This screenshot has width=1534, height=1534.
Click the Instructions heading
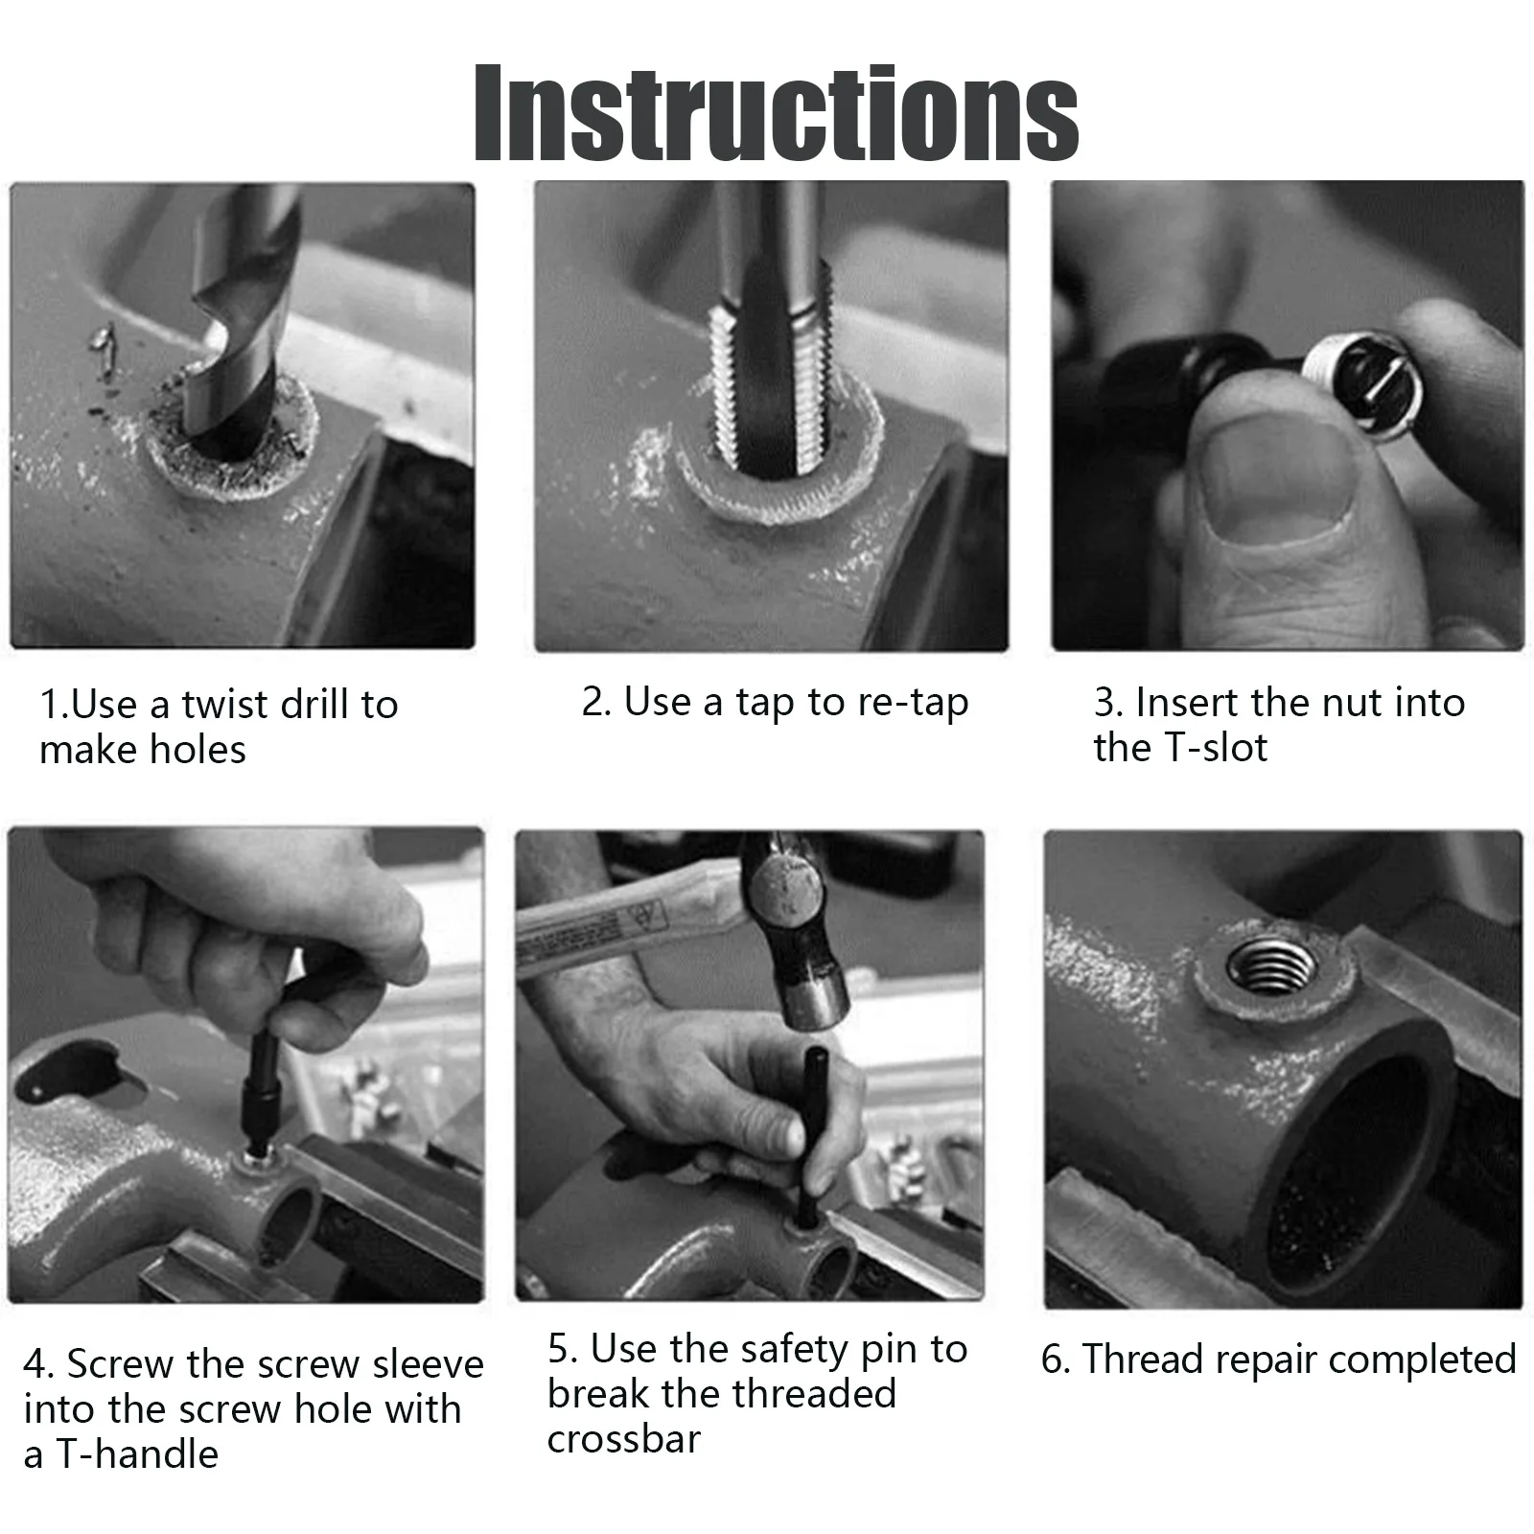777,113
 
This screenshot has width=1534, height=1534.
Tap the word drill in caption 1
312,705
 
